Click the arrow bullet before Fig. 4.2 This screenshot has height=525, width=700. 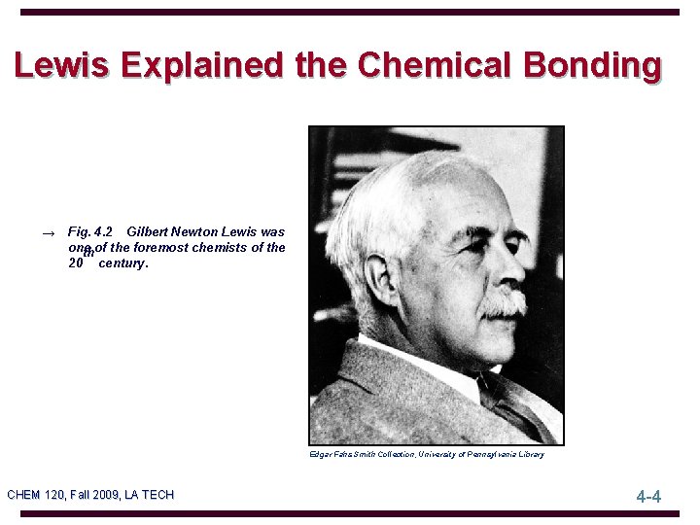[x=48, y=233]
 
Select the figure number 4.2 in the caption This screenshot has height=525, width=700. [x=102, y=232]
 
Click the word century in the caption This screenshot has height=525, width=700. [x=123, y=263]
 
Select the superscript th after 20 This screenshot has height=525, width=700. [x=88, y=255]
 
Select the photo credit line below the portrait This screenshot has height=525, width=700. [x=426, y=454]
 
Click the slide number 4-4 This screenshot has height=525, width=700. [x=648, y=497]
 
